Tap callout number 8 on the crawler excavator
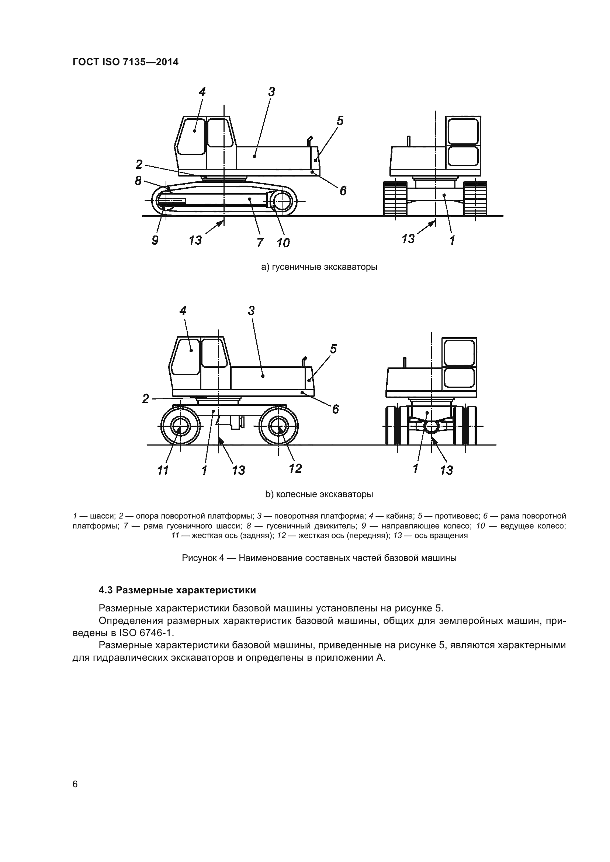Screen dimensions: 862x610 click(x=138, y=181)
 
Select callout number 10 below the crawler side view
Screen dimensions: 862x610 click(x=283, y=243)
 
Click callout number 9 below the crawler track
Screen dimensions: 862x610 click(x=155, y=240)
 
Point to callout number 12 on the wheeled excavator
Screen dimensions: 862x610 click(x=295, y=468)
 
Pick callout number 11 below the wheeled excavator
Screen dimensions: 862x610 click(x=163, y=470)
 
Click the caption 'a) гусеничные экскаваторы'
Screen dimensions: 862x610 click(x=319, y=267)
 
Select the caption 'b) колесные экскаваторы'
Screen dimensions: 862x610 click(x=319, y=495)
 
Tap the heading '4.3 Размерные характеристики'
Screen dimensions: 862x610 click(x=177, y=590)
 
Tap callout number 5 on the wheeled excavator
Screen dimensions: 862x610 click(x=333, y=349)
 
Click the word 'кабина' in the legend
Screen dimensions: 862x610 click(x=399, y=516)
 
